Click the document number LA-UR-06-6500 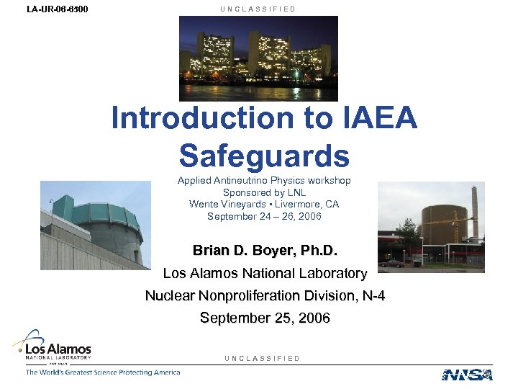click(53, 9)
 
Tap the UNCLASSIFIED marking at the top click(259, 9)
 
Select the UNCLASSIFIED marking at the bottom click(262, 358)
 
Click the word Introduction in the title click(199, 119)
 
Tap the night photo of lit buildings click(258, 58)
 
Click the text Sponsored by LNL click(264, 192)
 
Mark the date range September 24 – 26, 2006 click(264, 215)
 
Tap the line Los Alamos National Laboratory click(265, 274)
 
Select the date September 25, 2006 click(265, 318)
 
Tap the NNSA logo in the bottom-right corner click(467, 374)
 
